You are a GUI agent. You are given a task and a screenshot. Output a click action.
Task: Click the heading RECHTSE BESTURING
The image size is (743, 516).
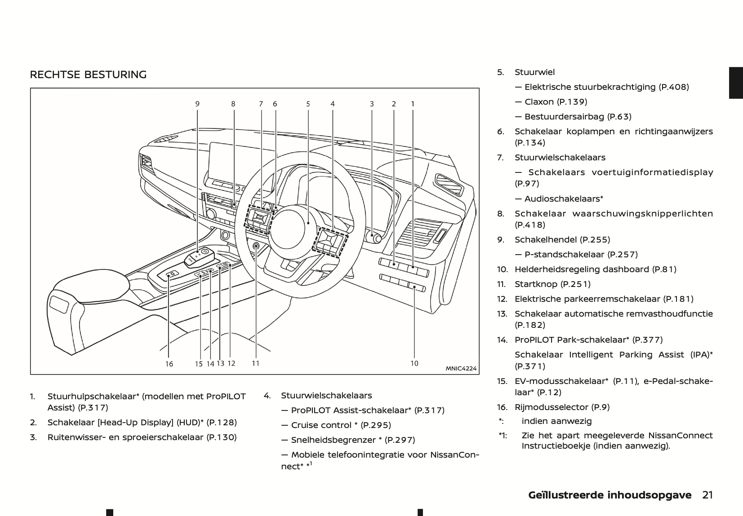click(88, 75)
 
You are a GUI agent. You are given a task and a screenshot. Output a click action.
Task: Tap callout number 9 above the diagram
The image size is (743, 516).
click(197, 104)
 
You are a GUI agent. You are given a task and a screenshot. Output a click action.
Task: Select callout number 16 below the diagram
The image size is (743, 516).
click(169, 364)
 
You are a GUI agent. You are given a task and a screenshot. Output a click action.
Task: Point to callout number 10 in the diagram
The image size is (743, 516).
click(414, 363)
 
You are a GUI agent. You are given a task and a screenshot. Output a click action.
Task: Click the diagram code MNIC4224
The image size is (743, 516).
click(461, 369)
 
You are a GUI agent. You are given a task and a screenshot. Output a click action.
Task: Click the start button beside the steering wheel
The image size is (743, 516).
click(256, 247)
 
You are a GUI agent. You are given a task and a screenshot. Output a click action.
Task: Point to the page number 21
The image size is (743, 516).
click(707, 495)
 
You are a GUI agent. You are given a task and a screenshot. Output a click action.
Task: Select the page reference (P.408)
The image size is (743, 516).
click(673, 87)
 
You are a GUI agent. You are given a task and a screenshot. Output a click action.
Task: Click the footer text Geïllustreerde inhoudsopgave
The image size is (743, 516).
click(610, 495)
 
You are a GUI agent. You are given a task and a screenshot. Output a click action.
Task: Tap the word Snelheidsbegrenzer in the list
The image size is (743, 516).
click(333, 440)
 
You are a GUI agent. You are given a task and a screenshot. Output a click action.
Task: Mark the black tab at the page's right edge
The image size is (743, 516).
click(736, 83)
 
